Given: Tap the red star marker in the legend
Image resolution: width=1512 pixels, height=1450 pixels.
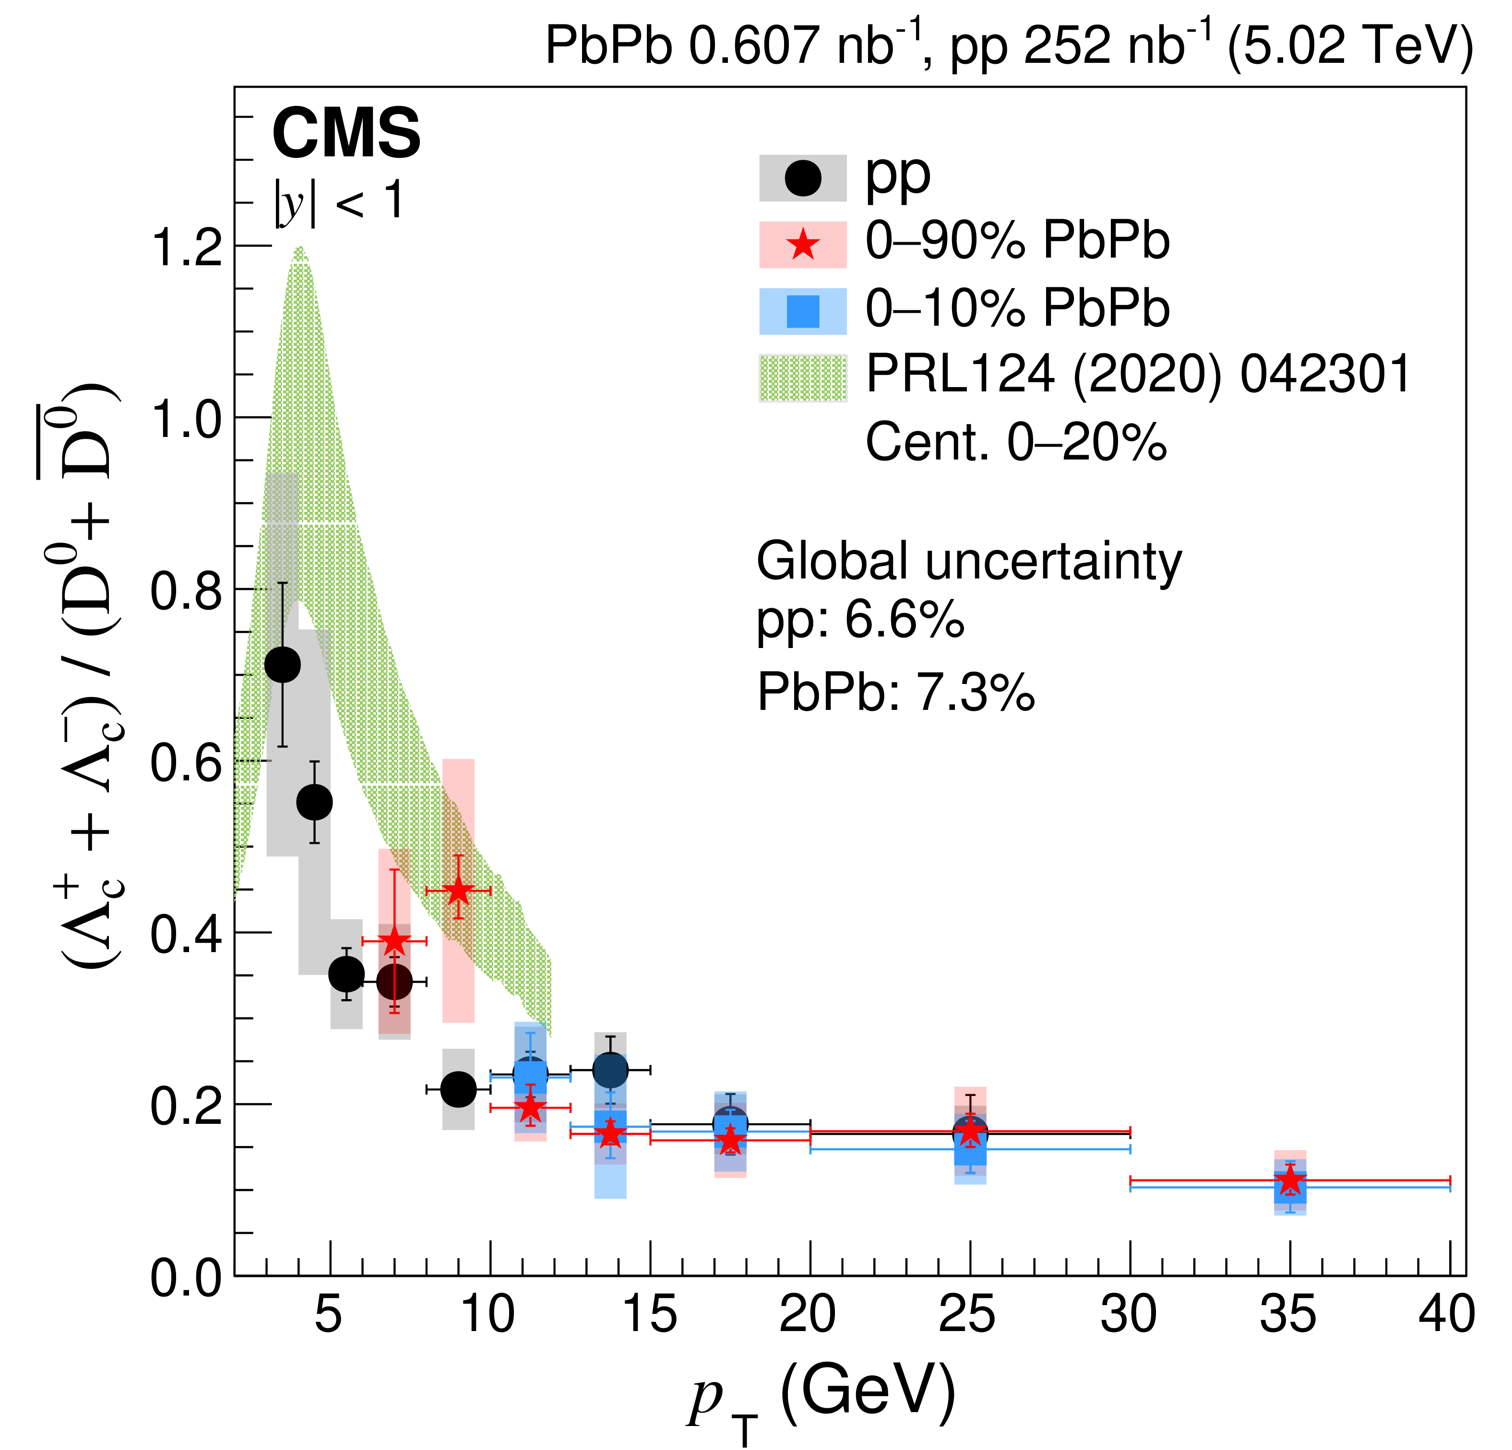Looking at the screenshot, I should (x=803, y=245).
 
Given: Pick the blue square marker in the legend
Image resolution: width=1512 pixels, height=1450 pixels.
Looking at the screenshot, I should (x=803, y=312).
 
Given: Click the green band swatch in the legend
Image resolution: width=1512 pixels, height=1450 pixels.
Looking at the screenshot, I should (x=803, y=378).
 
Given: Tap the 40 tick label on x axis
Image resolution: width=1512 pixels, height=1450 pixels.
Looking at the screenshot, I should (x=1446, y=1314).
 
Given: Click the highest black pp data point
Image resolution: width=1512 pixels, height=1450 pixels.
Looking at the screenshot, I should (x=282, y=665).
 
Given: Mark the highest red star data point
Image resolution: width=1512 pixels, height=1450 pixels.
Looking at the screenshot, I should (x=458, y=891).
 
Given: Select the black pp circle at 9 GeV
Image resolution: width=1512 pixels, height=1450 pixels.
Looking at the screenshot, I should (x=458, y=1089).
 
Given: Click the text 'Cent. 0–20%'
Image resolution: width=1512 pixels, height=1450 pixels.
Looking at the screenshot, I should (x=1016, y=443).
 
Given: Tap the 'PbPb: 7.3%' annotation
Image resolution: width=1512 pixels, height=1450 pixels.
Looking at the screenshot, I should (x=895, y=692).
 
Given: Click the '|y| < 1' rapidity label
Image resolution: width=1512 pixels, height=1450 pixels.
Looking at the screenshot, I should (x=339, y=202).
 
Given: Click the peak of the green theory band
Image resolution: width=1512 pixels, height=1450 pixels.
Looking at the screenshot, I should (x=299, y=251).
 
